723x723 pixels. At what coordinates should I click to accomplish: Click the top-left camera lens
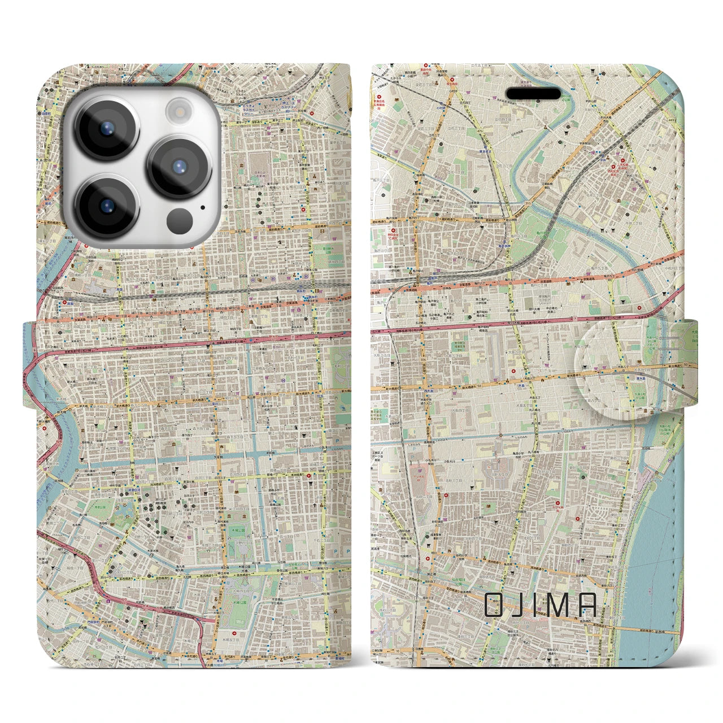click(x=106, y=127)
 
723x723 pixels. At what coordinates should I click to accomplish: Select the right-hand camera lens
click(x=180, y=166)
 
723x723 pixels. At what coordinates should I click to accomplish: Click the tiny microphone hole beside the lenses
click(x=202, y=207)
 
